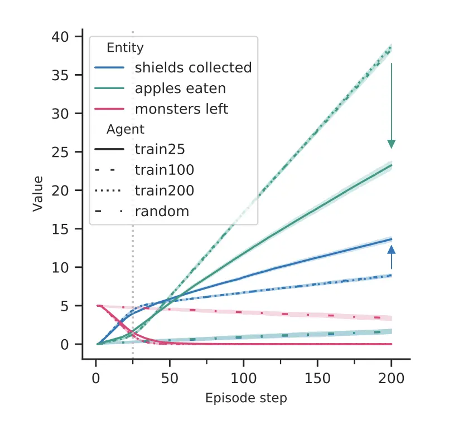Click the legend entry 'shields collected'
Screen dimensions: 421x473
pyautogui.click(x=193, y=67)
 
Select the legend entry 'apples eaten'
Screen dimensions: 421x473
pyautogui.click(x=180, y=88)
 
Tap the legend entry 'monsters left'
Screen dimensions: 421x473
pyautogui.click(x=181, y=109)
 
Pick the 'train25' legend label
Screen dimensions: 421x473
pyautogui.click(x=160, y=149)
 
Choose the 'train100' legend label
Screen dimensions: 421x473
pyautogui.click(x=164, y=170)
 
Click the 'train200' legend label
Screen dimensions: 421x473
pyautogui.click(x=164, y=190)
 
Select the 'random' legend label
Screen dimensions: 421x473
pyautogui.click(x=161, y=211)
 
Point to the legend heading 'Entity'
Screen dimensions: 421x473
pyautogui.click(x=125, y=48)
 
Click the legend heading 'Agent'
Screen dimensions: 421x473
pyautogui.click(x=126, y=129)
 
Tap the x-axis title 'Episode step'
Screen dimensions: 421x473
pyautogui.click(x=246, y=398)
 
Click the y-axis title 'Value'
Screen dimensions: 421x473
pyautogui.click(x=38, y=193)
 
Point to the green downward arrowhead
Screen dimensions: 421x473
pyautogui.click(x=392, y=144)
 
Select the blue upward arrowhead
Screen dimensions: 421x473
pyautogui.click(x=392, y=250)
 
